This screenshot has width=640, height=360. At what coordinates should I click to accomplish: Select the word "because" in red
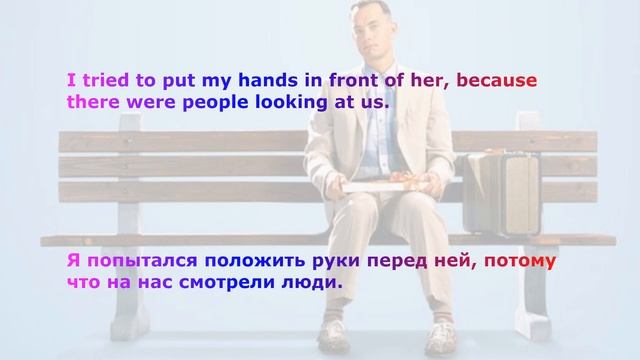(x=497, y=81)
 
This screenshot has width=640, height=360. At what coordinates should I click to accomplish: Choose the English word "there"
(x=93, y=101)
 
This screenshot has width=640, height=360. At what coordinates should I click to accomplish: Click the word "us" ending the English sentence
(x=379, y=101)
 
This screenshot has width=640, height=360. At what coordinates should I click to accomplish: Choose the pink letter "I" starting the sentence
(x=71, y=81)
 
